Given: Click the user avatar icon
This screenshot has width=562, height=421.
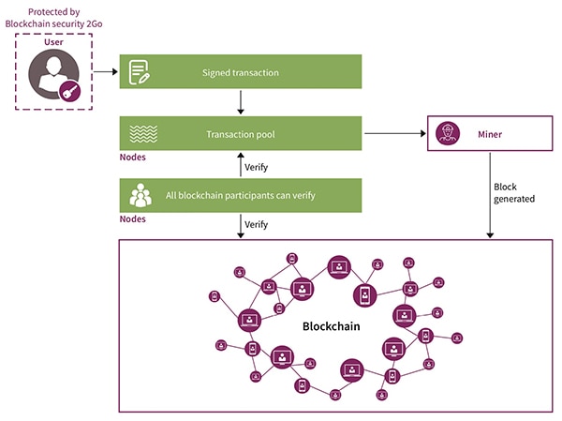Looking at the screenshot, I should coord(53,76).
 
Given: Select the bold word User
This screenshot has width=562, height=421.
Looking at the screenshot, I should coord(54,44).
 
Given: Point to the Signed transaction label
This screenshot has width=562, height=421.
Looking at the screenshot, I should coord(240,72).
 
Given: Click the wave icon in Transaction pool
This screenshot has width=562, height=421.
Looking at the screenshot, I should coord(140,134).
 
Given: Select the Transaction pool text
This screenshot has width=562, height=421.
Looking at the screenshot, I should coord(240,134).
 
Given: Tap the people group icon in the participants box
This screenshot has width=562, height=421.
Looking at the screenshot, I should coord(140,195).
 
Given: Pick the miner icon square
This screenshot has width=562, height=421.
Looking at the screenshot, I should coord(448,134).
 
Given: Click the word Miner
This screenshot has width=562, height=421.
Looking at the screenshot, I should coord(489,135).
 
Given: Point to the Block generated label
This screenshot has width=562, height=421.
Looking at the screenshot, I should coord(514,192).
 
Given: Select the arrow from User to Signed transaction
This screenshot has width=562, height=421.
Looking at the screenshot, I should coord(105,72).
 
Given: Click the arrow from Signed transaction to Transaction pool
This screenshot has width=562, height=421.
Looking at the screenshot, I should coord(242,101).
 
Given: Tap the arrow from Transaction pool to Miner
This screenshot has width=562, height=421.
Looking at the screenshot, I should coord(393,134).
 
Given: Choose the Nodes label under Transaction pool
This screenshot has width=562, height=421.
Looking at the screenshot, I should coord(132,158).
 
